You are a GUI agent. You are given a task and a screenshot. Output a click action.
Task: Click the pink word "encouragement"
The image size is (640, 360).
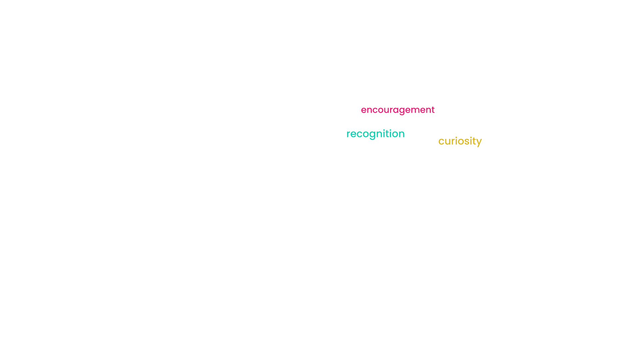coord(398,110)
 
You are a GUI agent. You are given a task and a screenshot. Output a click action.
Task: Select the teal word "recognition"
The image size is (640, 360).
coord(375,134)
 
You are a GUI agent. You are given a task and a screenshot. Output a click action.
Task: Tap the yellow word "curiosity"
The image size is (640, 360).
coord(460,141)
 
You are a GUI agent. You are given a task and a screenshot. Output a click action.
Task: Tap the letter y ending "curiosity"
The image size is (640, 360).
coord(478,143)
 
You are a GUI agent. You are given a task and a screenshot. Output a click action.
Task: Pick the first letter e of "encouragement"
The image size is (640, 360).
coord(364,110)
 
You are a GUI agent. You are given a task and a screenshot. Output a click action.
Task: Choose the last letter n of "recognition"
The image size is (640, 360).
coord(402,134)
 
